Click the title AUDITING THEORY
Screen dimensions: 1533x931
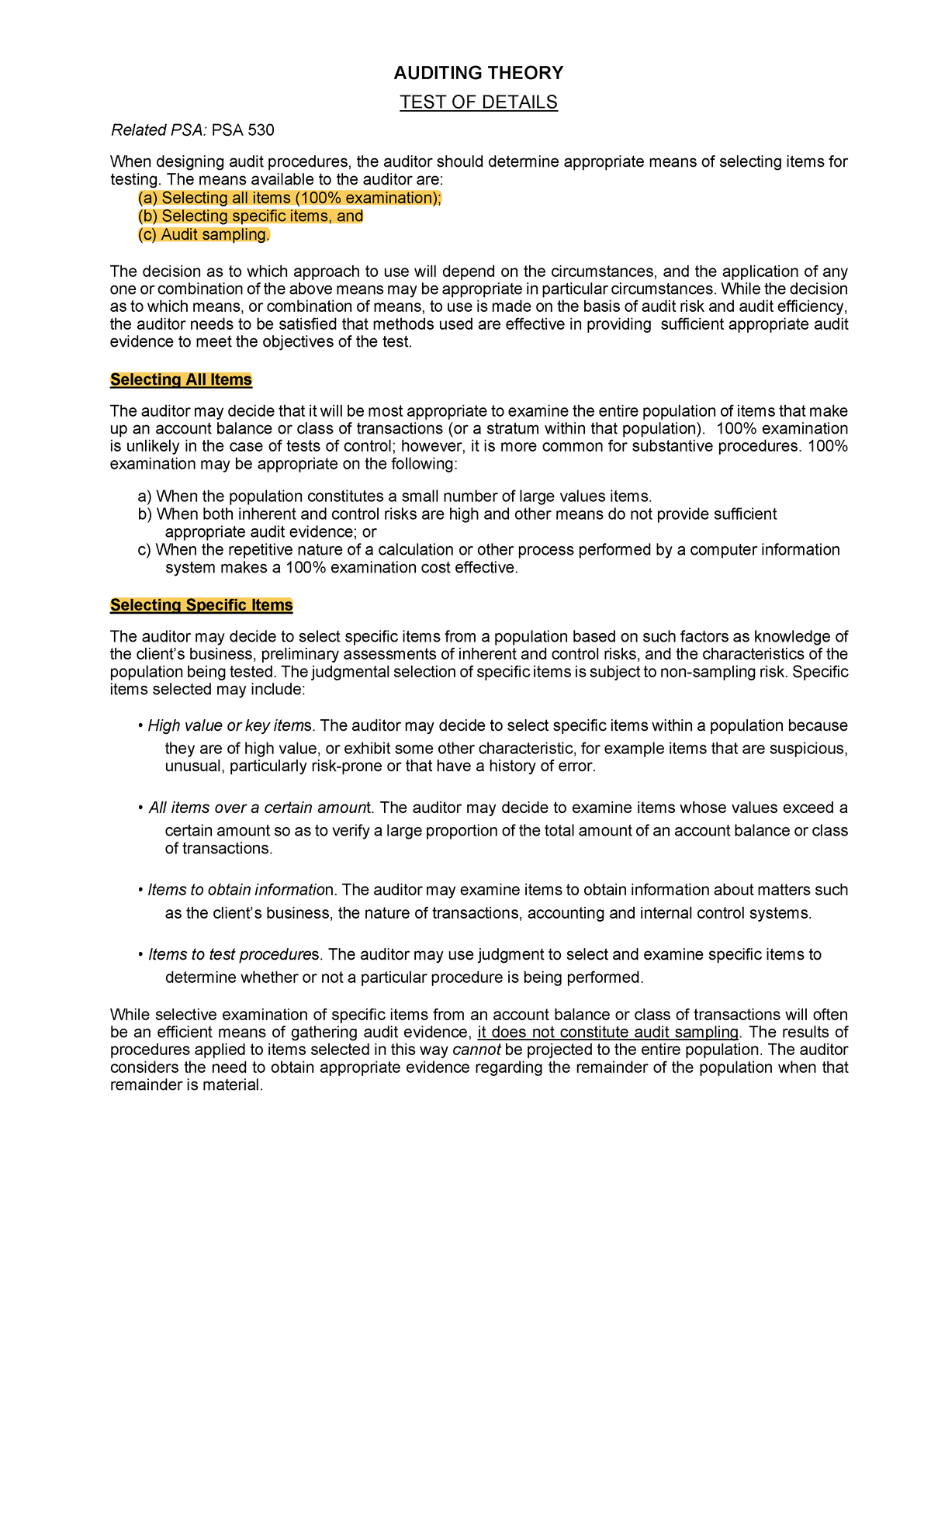[478, 73]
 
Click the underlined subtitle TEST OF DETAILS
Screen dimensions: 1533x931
[478, 102]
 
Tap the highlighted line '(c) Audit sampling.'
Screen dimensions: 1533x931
[204, 235]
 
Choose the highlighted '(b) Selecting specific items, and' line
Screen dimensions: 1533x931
[250, 216]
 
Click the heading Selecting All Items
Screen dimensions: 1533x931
[181, 379]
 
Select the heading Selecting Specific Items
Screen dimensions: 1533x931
[201, 605]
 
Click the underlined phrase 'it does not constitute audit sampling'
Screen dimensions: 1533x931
[608, 1033]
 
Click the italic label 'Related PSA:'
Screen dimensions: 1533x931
[159, 130]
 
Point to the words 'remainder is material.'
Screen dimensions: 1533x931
[186, 1085]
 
